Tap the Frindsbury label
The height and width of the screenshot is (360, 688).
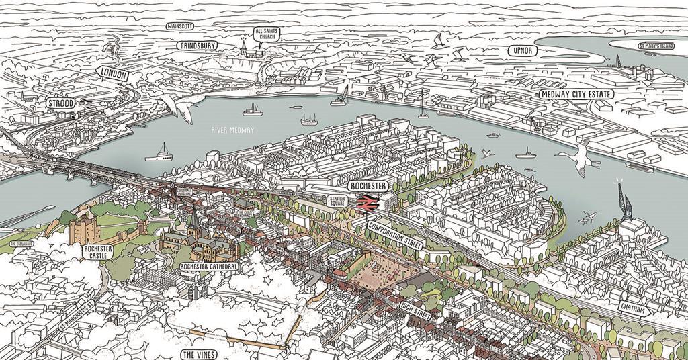tap(197, 46)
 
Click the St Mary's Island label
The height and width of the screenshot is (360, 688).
tap(656, 46)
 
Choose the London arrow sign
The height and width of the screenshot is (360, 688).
tap(112, 75)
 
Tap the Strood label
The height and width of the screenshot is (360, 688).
tap(61, 103)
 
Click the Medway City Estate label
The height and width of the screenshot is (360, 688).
tap(576, 95)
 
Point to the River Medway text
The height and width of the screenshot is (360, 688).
tap(233, 130)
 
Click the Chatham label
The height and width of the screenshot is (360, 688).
tap(634, 310)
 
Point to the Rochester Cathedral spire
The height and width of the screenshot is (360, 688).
tap(193, 218)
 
